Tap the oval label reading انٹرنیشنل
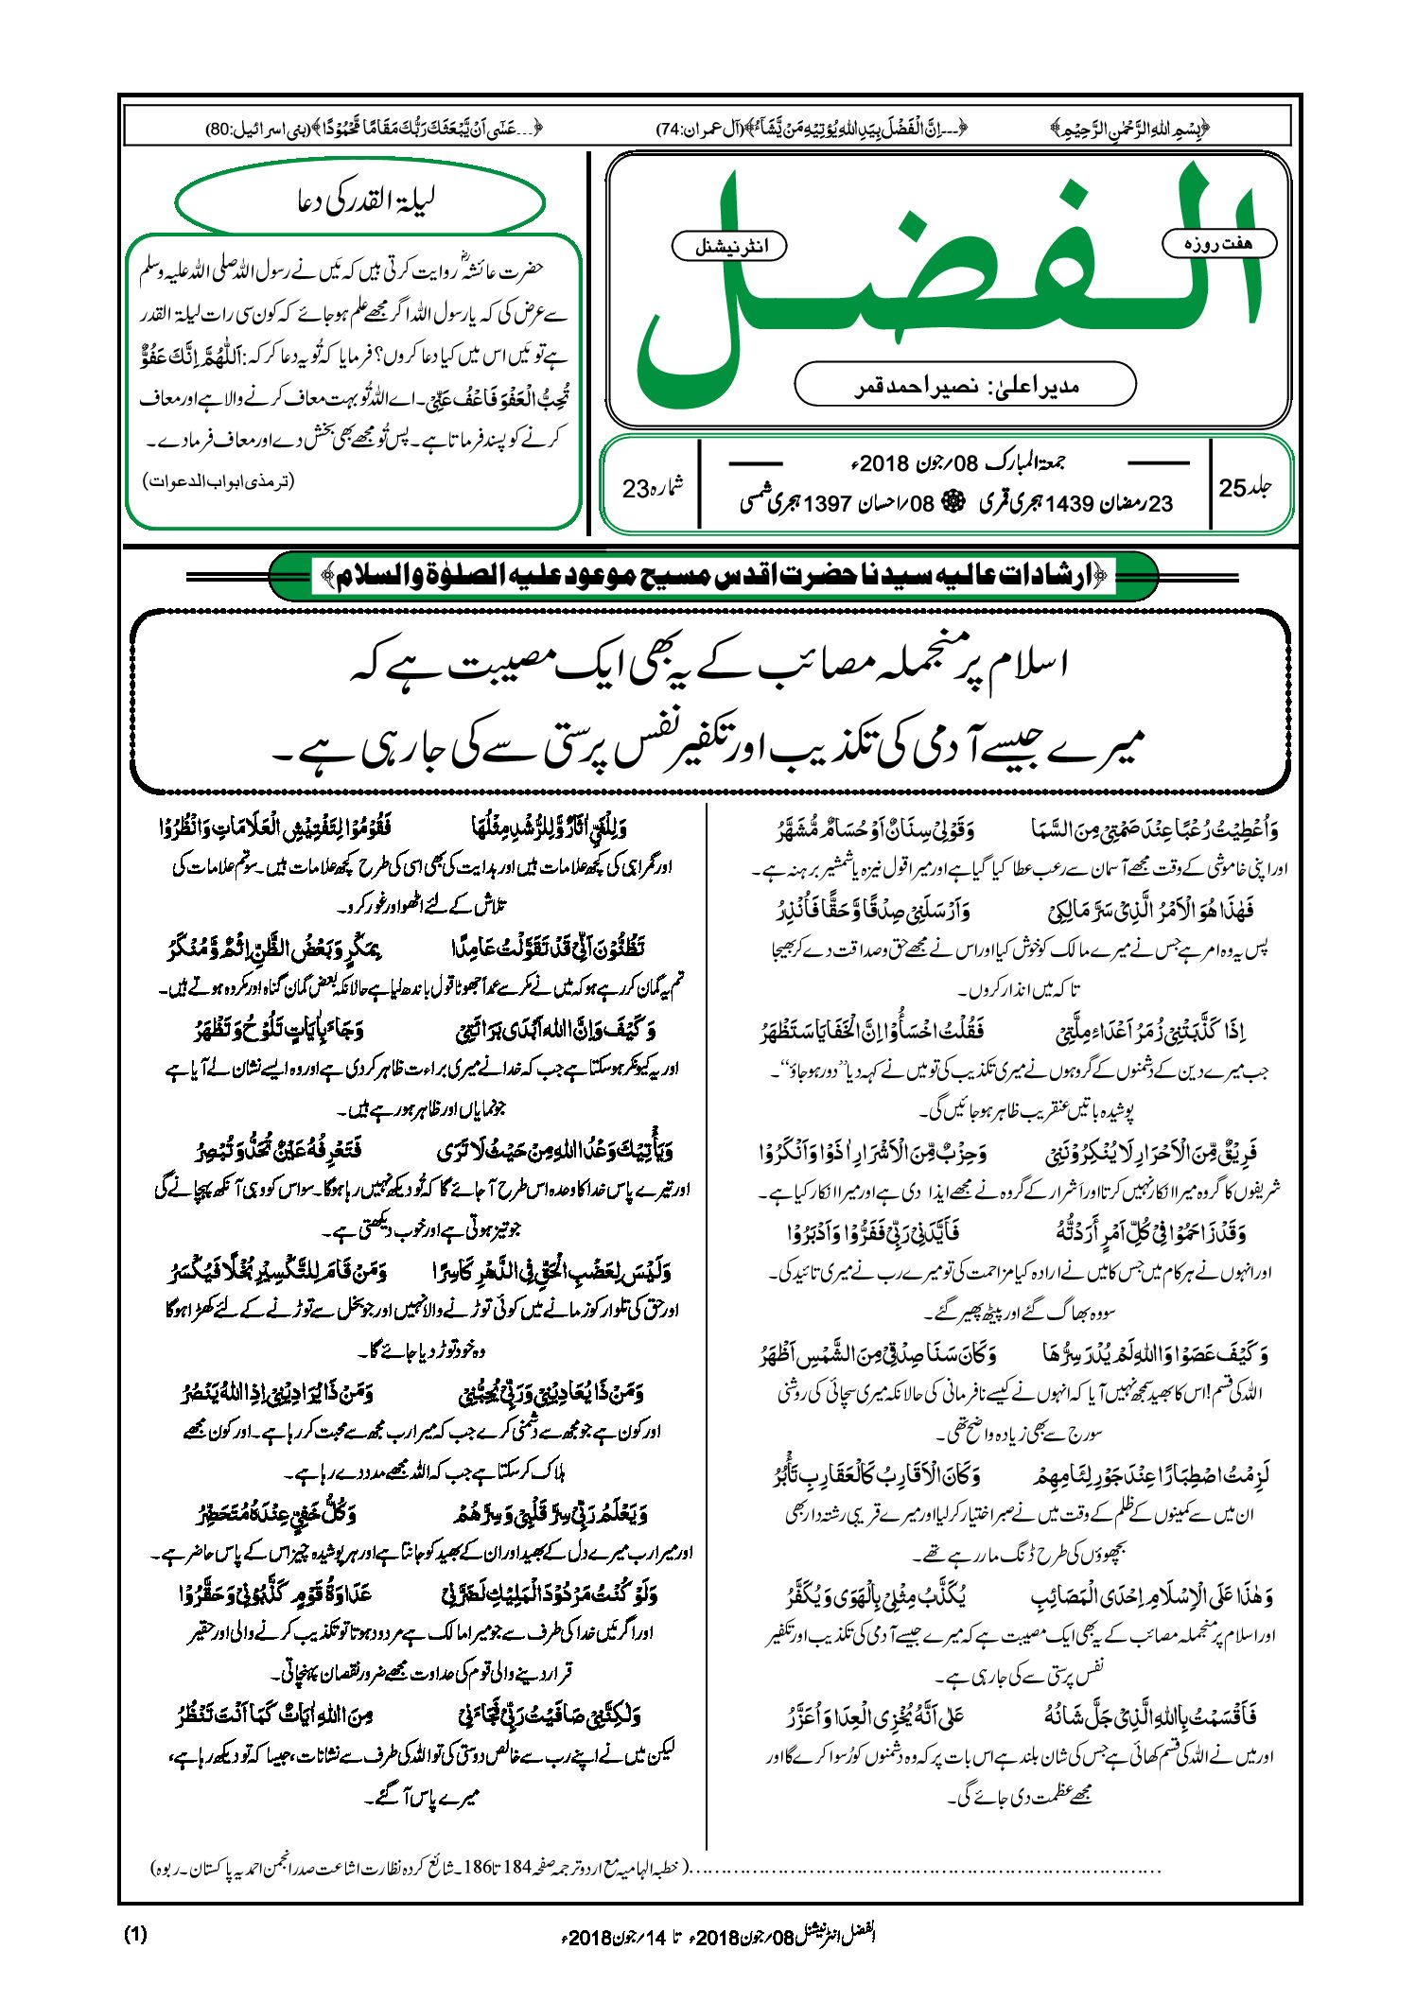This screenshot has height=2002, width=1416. click(728, 247)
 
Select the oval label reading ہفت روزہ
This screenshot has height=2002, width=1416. click(1218, 243)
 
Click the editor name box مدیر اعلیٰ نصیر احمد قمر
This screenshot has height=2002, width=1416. click(965, 385)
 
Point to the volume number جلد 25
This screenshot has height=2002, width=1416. click(1246, 488)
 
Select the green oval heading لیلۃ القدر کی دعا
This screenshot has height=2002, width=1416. click(361, 201)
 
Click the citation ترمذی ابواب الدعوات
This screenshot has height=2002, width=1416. click(219, 481)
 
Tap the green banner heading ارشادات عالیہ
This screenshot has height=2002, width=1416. click(713, 576)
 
